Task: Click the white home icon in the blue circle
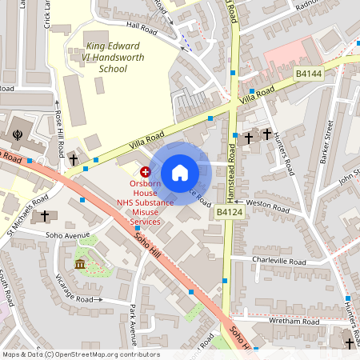coord(179,173)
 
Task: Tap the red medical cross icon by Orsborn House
coord(146,171)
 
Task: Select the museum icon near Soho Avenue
coord(80,264)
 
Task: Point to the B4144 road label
coord(309,73)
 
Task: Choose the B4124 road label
coord(229,212)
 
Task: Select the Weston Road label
coord(268,204)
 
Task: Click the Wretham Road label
coord(293,320)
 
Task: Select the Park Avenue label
coord(132,324)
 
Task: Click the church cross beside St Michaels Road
coord(45,216)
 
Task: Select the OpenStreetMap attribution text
coord(80,354)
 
